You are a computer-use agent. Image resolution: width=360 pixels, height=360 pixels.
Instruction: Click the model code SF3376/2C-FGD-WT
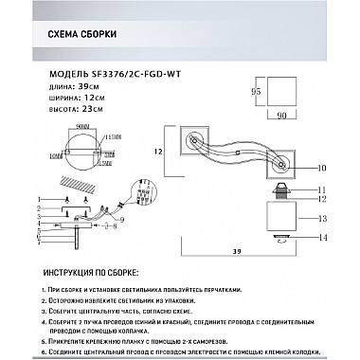pyautogui.click(x=117, y=70)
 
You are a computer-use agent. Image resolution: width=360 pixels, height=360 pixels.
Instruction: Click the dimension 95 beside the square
pyautogui.click(x=253, y=93)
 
